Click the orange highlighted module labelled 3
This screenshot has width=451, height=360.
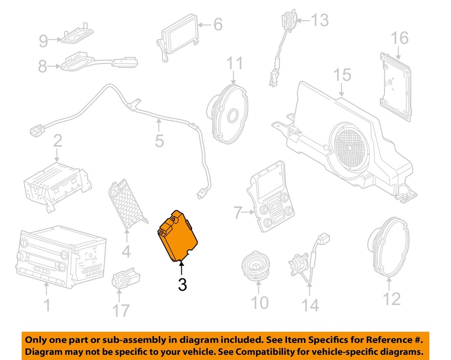click(178, 236)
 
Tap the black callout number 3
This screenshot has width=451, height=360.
click(182, 284)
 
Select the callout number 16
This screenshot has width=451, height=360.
click(400, 38)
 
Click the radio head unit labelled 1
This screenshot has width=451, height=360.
click(61, 256)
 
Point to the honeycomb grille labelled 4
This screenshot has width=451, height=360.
click(127, 203)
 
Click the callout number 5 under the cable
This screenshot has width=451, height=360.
click(159, 141)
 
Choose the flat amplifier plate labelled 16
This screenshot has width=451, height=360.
click(396, 87)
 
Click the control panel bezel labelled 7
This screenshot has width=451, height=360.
click(271, 197)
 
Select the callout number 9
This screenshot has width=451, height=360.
click(43, 41)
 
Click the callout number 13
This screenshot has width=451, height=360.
click(319, 20)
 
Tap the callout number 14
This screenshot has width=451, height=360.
click(310, 305)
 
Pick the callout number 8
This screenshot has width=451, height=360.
click(42, 66)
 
